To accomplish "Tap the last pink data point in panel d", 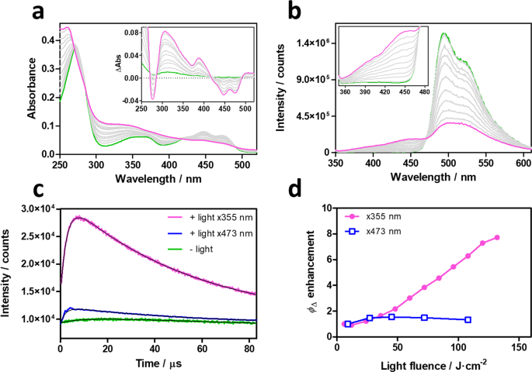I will [497, 237].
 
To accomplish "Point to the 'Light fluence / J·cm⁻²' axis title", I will [416, 363].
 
